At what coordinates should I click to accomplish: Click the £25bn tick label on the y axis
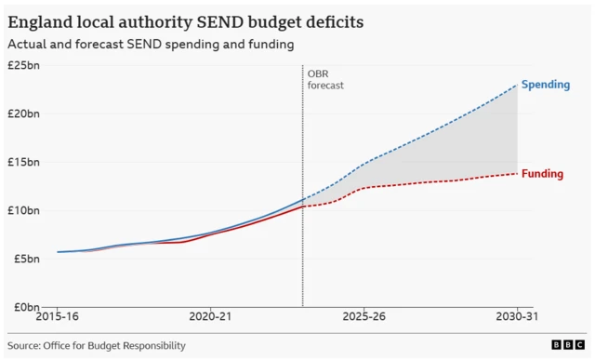click(x=23, y=65)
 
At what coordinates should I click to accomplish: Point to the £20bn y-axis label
click(x=23, y=113)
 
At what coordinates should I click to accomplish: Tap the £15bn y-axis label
click(x=23, y=162)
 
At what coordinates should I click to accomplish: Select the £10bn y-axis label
click(x=23, y=210)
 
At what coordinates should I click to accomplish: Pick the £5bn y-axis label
click(x=25, y=259)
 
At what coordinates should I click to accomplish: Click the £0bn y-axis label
click(x=25, y=307)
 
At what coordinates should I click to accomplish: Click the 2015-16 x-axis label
click(x=56, y=318)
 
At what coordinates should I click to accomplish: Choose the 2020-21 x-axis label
click(x=209, y=318)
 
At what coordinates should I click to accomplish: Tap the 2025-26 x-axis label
click(x=364, y=318)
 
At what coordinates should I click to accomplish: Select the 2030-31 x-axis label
click(x=517, y=318)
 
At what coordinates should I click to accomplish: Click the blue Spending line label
click(x=545, y=86)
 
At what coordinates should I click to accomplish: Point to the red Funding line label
click(x=542, y=174)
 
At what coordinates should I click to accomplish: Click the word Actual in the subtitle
click(x=27, y=44)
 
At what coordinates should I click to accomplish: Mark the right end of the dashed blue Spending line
click(x=517, y=86)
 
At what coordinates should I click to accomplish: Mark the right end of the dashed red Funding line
click(x=517, y=174)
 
